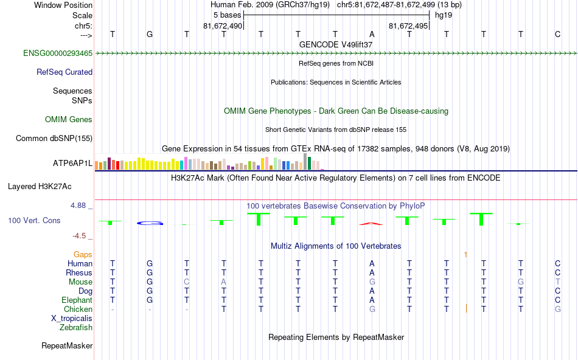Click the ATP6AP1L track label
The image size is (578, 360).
click(x=73, y=164)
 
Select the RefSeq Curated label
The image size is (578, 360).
click(x=64, y=72)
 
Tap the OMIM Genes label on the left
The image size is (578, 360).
click(x=69, y=120)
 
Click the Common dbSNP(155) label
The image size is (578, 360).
click(x=54, y=139)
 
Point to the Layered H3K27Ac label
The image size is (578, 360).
click(x=49, y=186)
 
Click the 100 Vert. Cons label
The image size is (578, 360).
click(x=34, y=220)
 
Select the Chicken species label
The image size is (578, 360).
click(x=77, y=310)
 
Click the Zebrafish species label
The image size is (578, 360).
click(x=76, y=328)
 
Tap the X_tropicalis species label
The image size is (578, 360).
click(x=72, y=319)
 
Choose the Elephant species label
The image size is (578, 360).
click(x=77, y=300)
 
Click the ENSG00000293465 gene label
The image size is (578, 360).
click(x=58, y=54)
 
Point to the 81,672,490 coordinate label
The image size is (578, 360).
click(x=223, y=26)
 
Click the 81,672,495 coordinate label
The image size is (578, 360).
click(x=409, y=26)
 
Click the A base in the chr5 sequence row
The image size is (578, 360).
click(x=372, y=34)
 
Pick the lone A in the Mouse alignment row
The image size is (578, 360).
click(x=224, y=282)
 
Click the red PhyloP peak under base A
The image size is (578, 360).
click(x=372, y=223)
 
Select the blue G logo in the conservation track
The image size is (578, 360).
click(x=150, y=223)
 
